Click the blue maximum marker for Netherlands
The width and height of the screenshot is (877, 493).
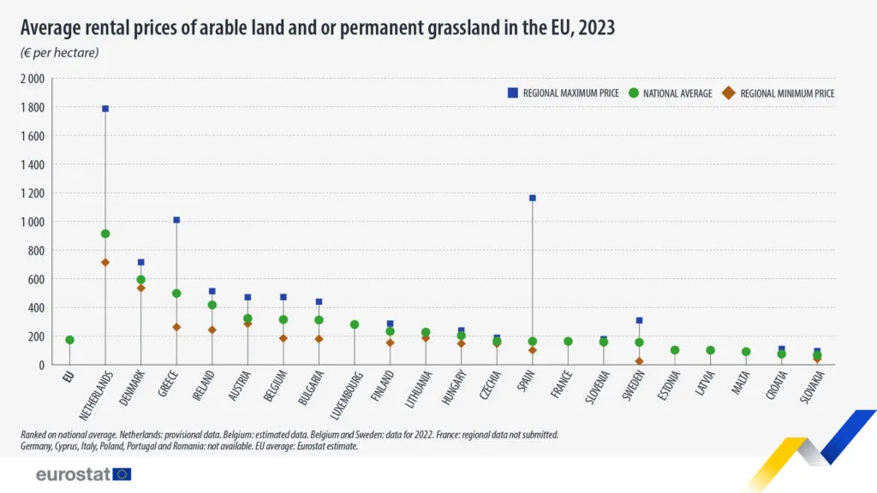coord(105,109)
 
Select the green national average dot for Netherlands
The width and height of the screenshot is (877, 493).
coord(105,234)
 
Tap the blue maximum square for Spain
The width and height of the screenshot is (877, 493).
coord(533,198)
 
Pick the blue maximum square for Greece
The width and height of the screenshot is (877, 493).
coord(176,220)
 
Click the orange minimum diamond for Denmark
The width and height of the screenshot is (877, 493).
coord(141,288)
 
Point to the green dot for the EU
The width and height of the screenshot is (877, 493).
coord(69,340)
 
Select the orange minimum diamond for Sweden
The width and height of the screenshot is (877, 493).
coord(639,361)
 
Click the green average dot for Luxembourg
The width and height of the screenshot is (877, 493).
coord(355,324)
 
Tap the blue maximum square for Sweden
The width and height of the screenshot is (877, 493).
coord(639,320)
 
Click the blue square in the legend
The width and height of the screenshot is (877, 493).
coord(512,93)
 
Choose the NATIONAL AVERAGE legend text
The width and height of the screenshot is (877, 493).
coord(677,93)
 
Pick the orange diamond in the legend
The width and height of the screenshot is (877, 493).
coord(729,93)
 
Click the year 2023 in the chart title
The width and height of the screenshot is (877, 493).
coord(596,28)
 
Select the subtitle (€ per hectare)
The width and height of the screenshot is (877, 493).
coord(59,53)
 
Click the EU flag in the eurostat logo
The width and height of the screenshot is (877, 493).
coord(122,474)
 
